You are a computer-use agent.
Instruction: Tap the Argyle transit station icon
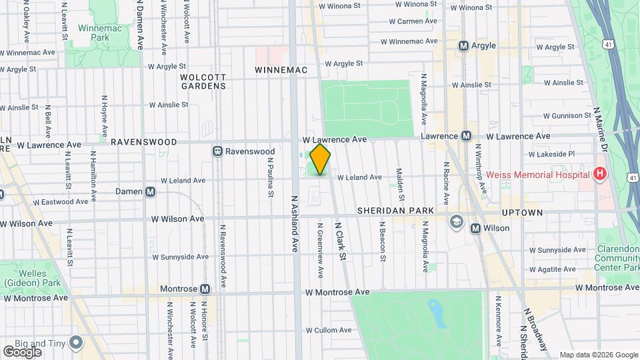pyautogui.click(x=463, y=46)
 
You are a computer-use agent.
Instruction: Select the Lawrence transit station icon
pyautogui.click(x=467, y=136)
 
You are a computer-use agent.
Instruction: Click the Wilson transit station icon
pyautogui.click(x=476, y=228)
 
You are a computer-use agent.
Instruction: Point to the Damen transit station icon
pyautogui.click(x=151, y=191)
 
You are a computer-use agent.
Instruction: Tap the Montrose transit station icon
pyautogui.click(x=205, y=289)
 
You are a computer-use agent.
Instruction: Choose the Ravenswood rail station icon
pyautogui.click(x=217, y=151)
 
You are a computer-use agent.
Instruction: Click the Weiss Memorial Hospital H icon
pyautogui.click(x=600, y=175)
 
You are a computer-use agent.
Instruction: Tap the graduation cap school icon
pyautogui.click(x=457, y=221)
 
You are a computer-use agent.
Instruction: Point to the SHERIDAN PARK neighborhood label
pyautogui.click(x=395, y=211)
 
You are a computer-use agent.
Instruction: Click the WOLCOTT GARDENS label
pyautogui.click(x=203, y=81)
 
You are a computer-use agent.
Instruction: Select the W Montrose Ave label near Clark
pyautogui.click(x=337, y=292)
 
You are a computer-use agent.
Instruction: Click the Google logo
pyautogui.click(x=23, y=351)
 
